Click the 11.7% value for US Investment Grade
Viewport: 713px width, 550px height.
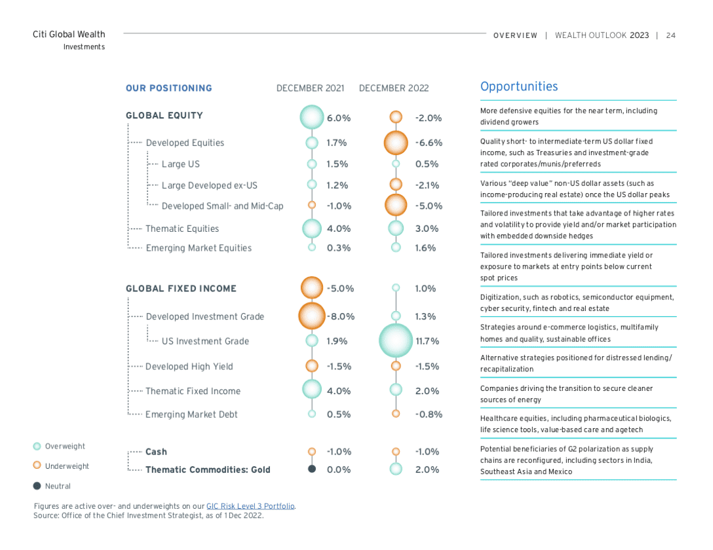427,341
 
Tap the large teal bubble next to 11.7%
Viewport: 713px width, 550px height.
396,340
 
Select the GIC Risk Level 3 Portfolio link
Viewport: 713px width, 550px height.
250,506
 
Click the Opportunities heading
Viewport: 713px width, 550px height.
519,86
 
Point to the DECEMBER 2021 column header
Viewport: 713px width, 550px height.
310,88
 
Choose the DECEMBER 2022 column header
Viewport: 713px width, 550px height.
394,88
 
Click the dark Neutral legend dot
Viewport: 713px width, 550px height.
37,486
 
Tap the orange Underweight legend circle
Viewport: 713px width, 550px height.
37,466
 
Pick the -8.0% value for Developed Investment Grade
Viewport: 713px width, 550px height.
341,316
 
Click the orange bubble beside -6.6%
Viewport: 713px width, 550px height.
396,143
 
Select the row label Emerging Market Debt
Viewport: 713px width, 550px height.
191,414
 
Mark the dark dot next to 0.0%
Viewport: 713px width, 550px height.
312,469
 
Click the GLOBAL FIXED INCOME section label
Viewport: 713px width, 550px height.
181,288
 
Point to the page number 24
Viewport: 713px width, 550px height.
670,35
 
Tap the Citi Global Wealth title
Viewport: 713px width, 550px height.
69,34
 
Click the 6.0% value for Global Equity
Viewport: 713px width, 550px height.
339,118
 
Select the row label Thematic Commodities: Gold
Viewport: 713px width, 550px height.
208,469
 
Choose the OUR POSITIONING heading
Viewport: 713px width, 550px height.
168,88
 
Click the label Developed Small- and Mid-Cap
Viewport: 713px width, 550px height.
222,206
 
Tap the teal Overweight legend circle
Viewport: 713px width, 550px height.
37,446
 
